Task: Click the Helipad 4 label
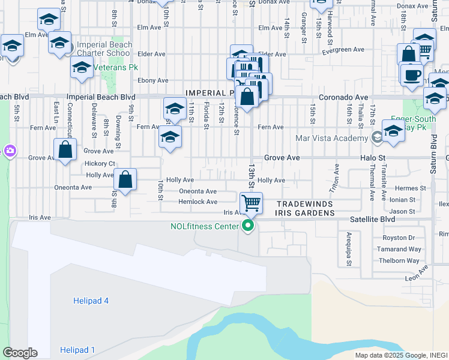tap(91, 301)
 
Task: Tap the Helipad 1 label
tap(77, 350)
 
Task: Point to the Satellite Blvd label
tap(372, 220)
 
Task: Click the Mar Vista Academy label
tap(331, 138)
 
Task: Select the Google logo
tap(20, 353)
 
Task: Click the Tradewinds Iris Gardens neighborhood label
tap(305, 208)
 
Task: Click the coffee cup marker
tap(412, 75)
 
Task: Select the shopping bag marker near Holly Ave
tap(125, 179)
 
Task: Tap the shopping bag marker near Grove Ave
tap(65, 149)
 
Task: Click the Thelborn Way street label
tap(399, 260)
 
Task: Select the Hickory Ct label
tap(100, 163)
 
